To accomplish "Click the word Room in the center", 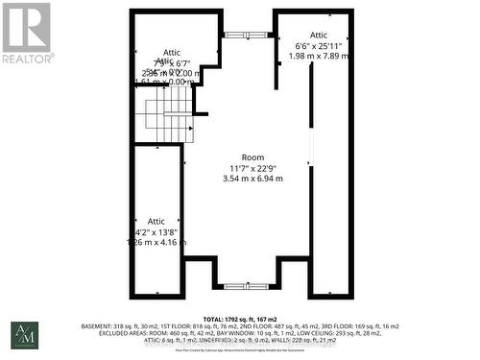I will (252, 157).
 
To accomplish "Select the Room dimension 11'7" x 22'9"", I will (252, 168).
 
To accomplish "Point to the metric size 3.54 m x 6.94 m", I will (252, 179).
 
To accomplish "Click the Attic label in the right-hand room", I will (319, 36).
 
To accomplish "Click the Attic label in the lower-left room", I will (156, 221).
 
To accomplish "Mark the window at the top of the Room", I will (248, 35).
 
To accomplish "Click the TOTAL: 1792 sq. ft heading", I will (240, 317).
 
